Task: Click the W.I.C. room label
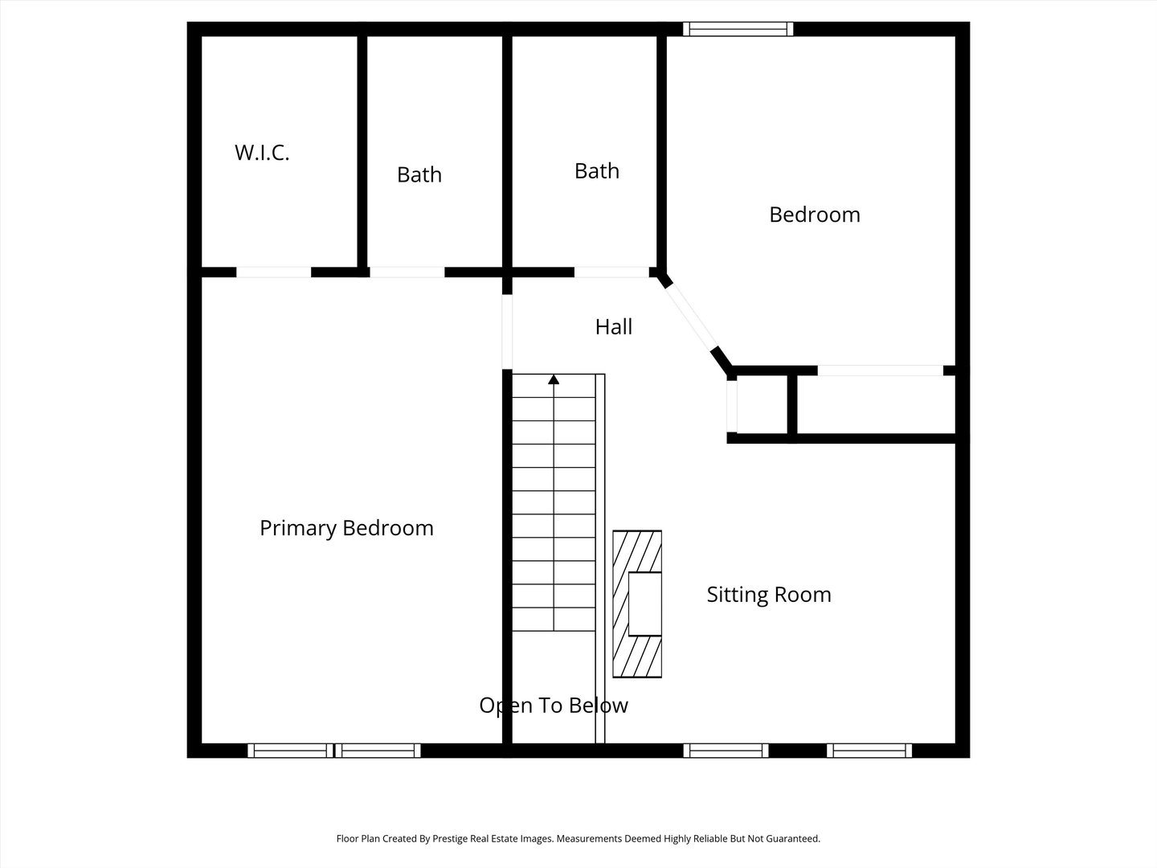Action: point(262,153)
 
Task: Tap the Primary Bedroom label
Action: point(346,528)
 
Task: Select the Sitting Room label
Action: point(769,595)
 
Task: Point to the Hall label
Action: point(614,327)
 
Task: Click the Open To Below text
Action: point(554,706)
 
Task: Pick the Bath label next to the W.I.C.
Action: point(419,174)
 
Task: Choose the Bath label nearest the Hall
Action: point(597,170)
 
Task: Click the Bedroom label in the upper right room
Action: point(815,215)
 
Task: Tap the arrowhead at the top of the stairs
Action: point(554,379)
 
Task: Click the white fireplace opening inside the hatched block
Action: point(644,604)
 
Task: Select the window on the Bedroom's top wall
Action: point(738,29)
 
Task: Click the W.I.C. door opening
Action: point(273,272)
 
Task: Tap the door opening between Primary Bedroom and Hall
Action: point(507,331)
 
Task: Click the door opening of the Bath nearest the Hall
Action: point(611,272)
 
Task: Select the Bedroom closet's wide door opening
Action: point(881,371)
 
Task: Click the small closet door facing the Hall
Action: point(732,407)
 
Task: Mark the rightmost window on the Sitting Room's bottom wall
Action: point(869,751)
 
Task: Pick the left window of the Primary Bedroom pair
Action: point(290,751)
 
